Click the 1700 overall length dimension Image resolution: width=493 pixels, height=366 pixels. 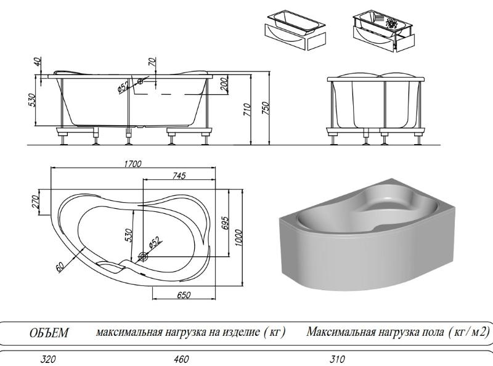click(x=132, y=165)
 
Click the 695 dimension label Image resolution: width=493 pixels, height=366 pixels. click(x=226, y=221)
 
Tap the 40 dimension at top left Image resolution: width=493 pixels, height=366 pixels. click(x=38, y=62)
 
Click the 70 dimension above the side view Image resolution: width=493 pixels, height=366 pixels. click(x=152, y=62)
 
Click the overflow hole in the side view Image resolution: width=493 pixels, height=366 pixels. click(x=141, y=80)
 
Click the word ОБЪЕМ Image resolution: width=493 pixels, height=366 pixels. click(x=49, y=333)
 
